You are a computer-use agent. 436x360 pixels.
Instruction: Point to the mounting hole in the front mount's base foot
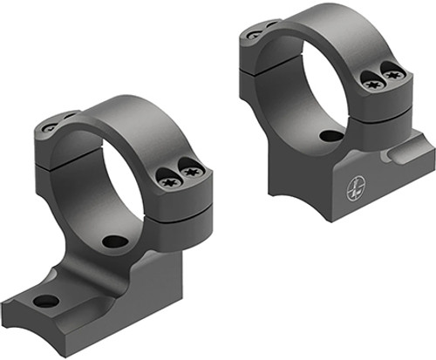46,302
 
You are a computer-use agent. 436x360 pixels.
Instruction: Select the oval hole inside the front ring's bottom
112,241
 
